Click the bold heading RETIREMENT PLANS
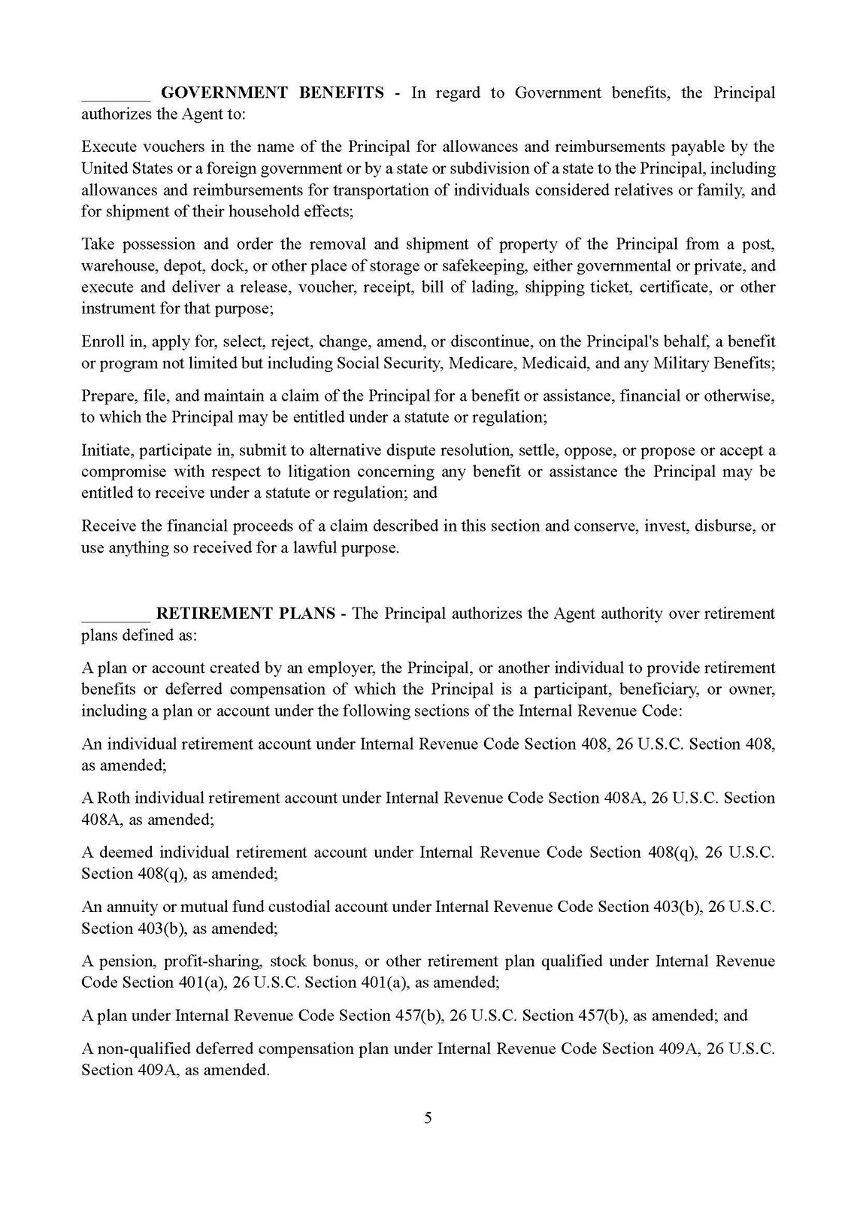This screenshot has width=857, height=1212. coord(245,614)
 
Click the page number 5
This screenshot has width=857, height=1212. coord(428,1118)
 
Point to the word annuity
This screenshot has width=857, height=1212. coord(132,907)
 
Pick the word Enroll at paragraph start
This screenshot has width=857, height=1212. coord(101,342)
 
